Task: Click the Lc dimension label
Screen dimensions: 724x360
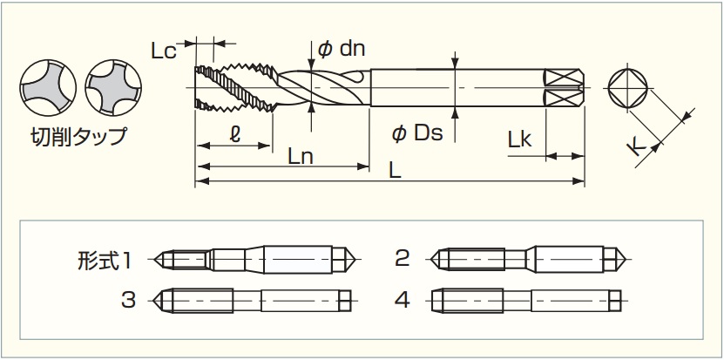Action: click(164, 51)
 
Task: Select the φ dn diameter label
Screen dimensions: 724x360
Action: click(342, 49)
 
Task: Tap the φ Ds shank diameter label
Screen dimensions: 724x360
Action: click(417, 133)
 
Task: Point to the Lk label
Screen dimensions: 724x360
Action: click(519, 139)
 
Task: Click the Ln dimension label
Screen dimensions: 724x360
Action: click(301, 157)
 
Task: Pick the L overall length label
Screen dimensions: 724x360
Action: click(395, 172)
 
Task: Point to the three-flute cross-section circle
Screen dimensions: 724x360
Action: click(48, 87)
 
